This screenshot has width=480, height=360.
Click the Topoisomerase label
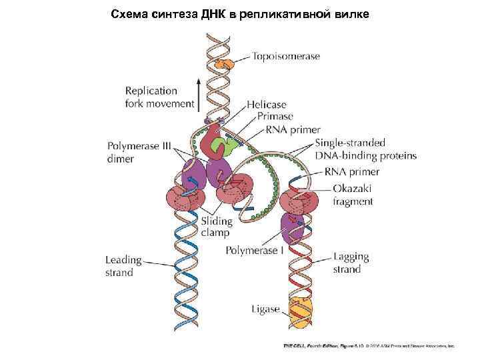[x=285, y=57]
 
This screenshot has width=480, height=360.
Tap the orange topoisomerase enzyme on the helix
[x=227, y=64]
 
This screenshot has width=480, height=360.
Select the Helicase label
[x=266, y=105]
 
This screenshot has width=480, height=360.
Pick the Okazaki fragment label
[x=353, y=195]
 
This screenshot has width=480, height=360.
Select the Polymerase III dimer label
[x=129, y=153]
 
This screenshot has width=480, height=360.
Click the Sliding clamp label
[x=217, y=227]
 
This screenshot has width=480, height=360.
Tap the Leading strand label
[x=124, y=265]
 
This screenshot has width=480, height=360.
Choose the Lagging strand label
[x=351, y=263]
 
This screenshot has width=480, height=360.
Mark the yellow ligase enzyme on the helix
[x=300, y=311]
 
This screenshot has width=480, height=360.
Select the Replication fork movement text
[x=160, y=97]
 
